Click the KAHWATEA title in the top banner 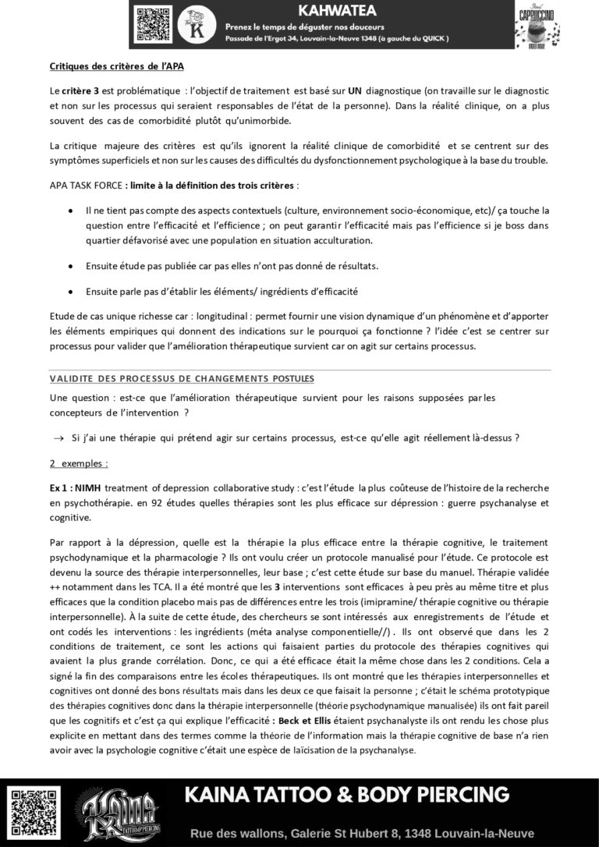tap(337, 11)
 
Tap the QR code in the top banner tap(153, 23)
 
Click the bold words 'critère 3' tap(78, 90)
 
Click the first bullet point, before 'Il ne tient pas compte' tap(71, 211)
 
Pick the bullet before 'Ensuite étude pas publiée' tap(71, 266)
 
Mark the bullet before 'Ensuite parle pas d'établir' tap(71, 292)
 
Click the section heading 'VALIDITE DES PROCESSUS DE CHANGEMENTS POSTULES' tap(182, 378)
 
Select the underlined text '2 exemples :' tap(79, 463)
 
